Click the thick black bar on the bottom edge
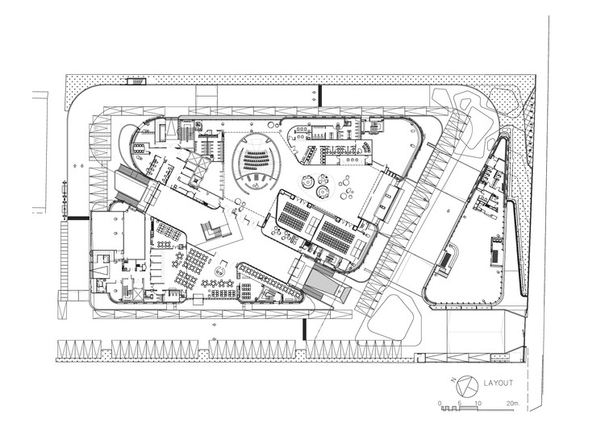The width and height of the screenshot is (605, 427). tap(305, 329)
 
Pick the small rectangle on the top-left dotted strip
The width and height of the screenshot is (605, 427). tap(136, 80)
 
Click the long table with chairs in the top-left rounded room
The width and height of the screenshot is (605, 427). tap(137, 147)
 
